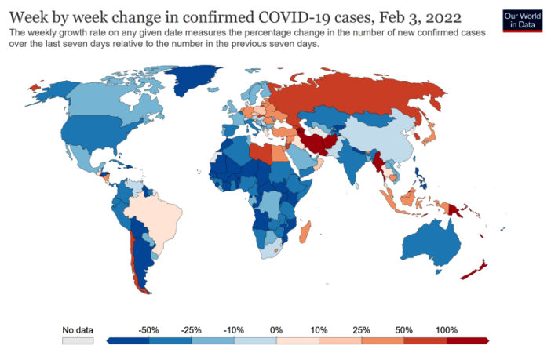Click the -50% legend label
click(x=150, y=330)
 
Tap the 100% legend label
click(x=445, y=330)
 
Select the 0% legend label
click(x=276, y=330)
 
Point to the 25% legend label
click(x=361, y=330)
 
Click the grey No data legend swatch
click(x=78, y=341)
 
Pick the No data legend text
click(x=78, y=330)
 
